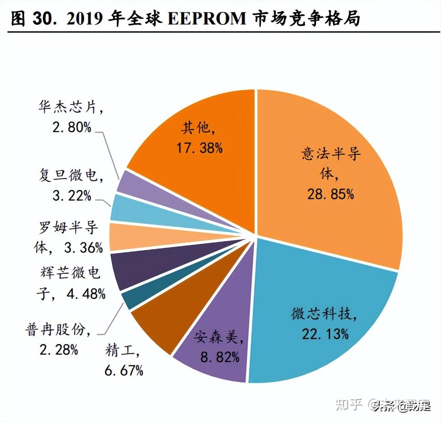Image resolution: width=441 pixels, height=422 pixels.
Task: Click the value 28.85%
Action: click(330, 194)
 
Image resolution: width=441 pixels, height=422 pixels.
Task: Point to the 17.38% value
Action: click(199, 148)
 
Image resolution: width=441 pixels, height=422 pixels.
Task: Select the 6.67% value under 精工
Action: click(123, 370)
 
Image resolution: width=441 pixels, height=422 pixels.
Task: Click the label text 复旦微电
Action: click(68, 175)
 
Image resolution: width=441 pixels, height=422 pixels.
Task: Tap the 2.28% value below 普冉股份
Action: click(59, 349)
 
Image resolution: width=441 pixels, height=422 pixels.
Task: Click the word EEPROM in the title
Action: click(207, 19)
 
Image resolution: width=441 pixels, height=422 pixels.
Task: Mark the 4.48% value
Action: click(86, 294)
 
